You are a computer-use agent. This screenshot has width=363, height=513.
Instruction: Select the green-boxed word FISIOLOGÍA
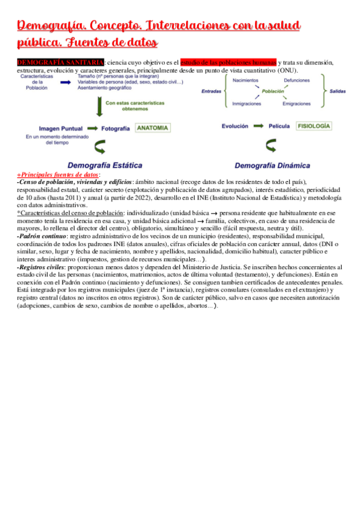point(313,126)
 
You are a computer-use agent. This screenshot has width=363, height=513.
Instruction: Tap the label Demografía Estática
point(105,165)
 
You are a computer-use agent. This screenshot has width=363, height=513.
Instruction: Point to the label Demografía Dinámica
point(272,165)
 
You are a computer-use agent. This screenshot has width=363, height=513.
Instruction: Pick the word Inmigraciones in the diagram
point(247,103)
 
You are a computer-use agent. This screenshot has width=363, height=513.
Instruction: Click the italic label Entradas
point(211,91)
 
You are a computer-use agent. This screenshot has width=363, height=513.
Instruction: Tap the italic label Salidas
point(338,91)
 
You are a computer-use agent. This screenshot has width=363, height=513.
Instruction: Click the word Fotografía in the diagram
point(115,129)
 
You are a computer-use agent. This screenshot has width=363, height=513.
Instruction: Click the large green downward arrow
point(99,108)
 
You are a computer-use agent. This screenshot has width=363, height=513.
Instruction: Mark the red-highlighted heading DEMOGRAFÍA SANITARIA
point(60,62)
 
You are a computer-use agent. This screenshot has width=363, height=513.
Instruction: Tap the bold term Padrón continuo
point(42,235)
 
